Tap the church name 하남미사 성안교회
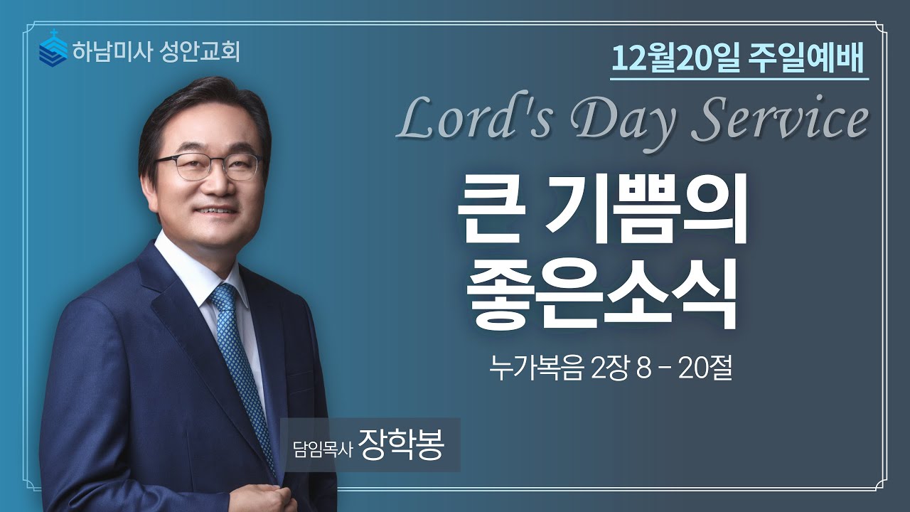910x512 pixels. point(155,51)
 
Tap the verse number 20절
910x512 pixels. point(705,370)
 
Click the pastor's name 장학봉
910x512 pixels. point(401,444)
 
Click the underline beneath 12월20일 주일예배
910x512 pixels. point(739,78)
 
